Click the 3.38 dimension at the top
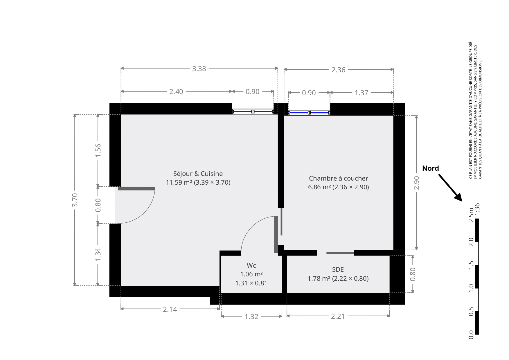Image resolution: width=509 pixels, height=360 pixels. tap(199, 69)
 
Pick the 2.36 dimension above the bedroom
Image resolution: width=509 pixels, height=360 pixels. tap(339, 70)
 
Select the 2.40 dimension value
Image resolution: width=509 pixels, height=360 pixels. tap(176, 91)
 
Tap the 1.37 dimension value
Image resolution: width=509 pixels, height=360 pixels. tap(361, 93)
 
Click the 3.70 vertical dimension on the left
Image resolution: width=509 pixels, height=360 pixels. tap(75, 200)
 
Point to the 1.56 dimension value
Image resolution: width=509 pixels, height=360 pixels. tap(98, 150)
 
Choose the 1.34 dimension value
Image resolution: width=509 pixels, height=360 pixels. tap(98, 254)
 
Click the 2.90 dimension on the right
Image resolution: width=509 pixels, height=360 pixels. tap(417, 183)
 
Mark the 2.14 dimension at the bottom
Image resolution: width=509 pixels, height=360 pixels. tap(170, 309)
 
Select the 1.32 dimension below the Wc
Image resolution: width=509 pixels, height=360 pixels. tap(251, 316)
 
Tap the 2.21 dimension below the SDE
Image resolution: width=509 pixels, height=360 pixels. tap(338, 316)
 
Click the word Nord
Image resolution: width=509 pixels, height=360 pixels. tap(430, 168)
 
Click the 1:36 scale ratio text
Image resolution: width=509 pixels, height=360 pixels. tap(477, 209)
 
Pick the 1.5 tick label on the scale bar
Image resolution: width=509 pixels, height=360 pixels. tap(471, 265)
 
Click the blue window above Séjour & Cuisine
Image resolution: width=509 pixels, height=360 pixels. tap(253, 111)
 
